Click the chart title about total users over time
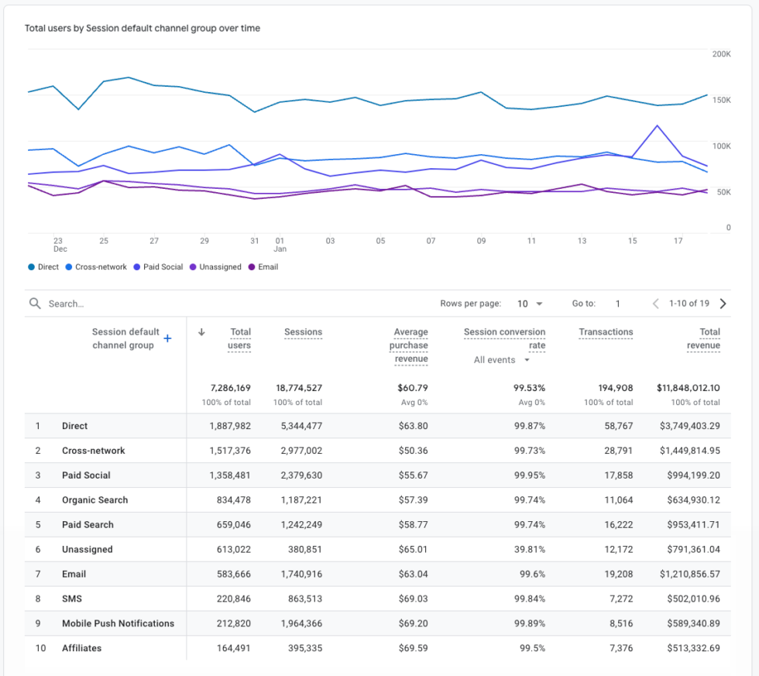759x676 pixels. (143, 29)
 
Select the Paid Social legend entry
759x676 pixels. (163, 267)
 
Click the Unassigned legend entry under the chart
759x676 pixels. (220, 267)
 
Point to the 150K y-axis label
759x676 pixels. (721, 100)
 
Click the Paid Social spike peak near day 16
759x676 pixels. (658, 125)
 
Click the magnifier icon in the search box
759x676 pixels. (35, 304)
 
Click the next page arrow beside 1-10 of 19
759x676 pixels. (723, 304)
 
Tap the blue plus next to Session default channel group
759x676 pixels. (167, 338)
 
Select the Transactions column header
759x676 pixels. (606, 332)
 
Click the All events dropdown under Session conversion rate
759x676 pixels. (502, 360)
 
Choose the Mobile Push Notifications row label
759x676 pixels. (118, 623)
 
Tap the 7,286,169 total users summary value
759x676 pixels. (230, 388)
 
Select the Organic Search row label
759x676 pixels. (94, 500)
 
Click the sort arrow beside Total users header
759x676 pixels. (202, 332)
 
